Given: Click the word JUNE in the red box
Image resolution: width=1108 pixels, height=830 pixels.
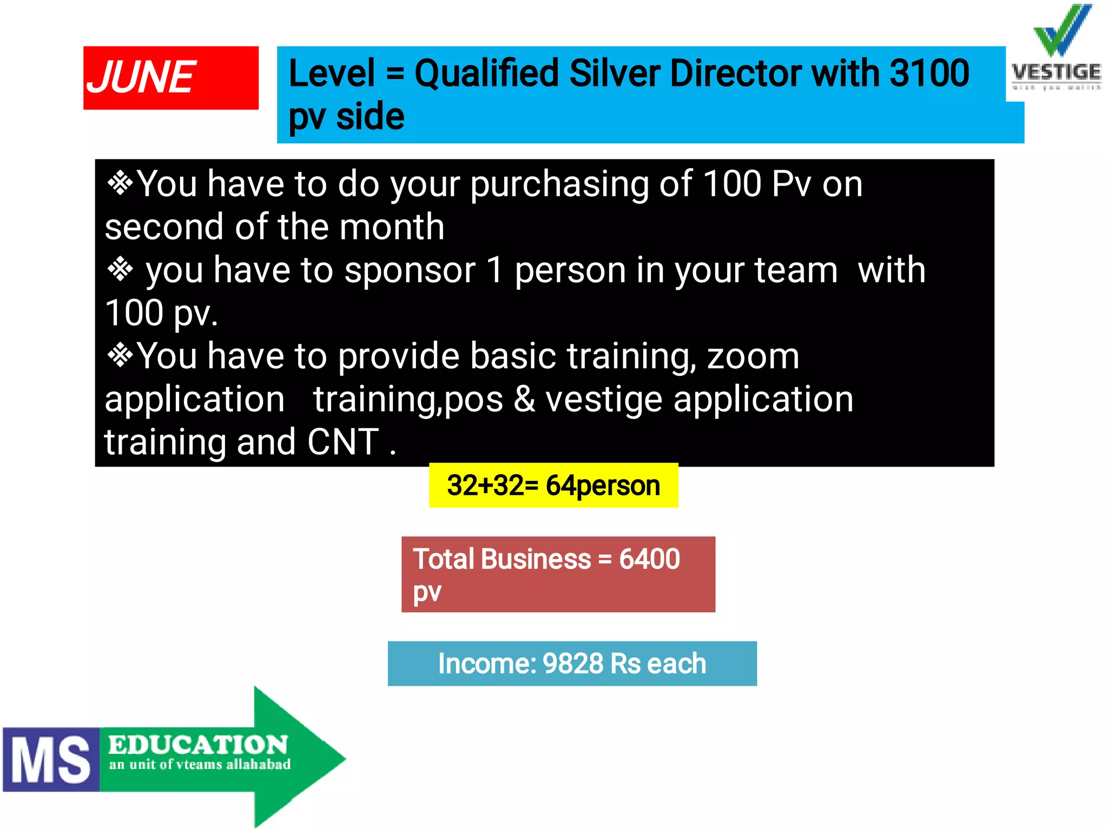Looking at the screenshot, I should pyautogui.click(x=141, y=77).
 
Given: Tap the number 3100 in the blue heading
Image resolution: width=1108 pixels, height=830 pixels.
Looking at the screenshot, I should pyautogui.click(x=929, y=73).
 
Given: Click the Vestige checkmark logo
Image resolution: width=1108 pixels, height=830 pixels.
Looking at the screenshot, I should pyautogui.click(x=1061, y=30).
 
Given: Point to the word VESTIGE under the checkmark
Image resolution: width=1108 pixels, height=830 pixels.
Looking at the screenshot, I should pyautogui.click(x=1056, y=72).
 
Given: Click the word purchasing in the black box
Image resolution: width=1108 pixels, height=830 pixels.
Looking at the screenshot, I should pyautogui.click(x=559, y=185).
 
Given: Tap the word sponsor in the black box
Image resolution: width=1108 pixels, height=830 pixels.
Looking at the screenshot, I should pyautogui.click(x=410, y=270).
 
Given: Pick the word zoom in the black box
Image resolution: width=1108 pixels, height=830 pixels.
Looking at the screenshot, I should pyautogui.click(x=753, y=356).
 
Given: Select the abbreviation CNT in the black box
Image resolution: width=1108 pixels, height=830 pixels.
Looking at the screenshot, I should pyautogui.click(x=343, y=442).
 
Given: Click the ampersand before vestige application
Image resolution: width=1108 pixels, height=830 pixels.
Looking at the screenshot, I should pyautogui.click(x=524, y=400).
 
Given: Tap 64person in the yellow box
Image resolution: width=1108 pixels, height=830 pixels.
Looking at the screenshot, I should pyautogui.click(x=603, y=486).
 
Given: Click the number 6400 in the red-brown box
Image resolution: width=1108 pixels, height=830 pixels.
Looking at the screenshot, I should pyautogui.click(x=649, y=559).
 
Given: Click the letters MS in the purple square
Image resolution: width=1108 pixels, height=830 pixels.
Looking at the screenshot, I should pyautogui.click(x=51, y=760).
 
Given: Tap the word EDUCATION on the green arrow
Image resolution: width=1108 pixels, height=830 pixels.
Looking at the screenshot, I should pyautogui.click(x=198, y=745).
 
